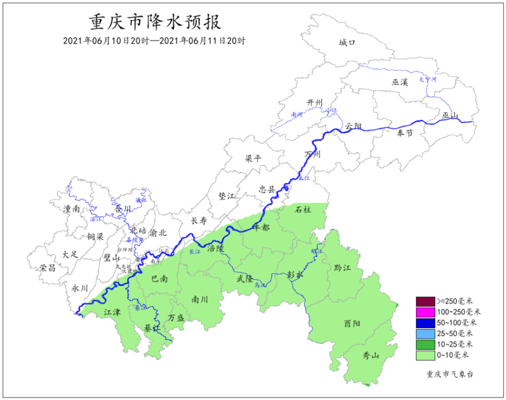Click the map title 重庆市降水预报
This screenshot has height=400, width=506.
(x=155, y=23)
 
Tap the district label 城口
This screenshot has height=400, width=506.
(x=348, y=43)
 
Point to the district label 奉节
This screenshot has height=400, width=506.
(x=404, y=133)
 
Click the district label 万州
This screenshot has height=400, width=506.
(x=313, y=154)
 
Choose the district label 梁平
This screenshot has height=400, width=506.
(x=254, y=158)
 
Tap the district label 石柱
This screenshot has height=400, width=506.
(x=303, y=209)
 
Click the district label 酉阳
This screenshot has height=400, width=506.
(x=352, y=323)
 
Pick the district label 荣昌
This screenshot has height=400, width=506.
(x=48, y=268)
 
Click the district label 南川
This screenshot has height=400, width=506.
(x=199, y=299)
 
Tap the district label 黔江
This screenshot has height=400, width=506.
(x=343, y=267)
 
